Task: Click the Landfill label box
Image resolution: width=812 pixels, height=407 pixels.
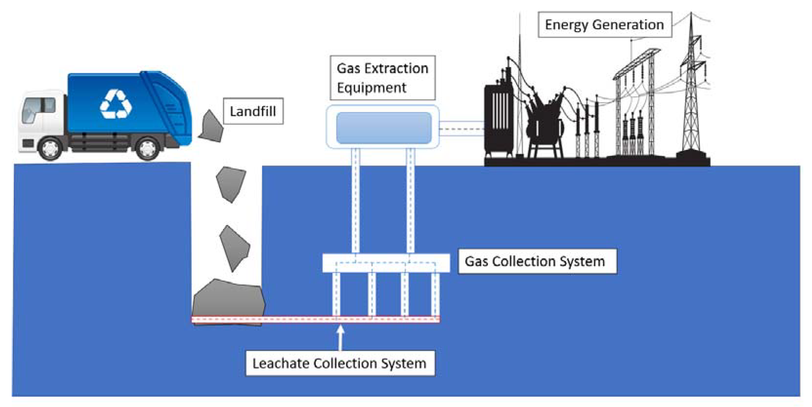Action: (x=253, y=111)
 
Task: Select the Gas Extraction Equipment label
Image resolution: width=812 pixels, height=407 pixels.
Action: (x=382, y=78)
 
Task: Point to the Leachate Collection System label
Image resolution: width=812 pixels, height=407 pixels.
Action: (x=340, y=363)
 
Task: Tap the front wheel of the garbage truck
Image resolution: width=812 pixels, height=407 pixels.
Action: (x=50, y=148)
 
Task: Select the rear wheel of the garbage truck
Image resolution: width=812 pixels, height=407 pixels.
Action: (x=148, y=148)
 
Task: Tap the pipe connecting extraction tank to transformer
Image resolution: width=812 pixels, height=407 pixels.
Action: (x=461, y=129)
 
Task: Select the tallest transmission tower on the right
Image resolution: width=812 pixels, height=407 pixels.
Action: (x=691, y=88)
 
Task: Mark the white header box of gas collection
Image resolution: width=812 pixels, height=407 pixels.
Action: (x=386, y=263)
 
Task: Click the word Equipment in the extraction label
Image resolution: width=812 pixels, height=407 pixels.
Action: (x=372, y=88)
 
